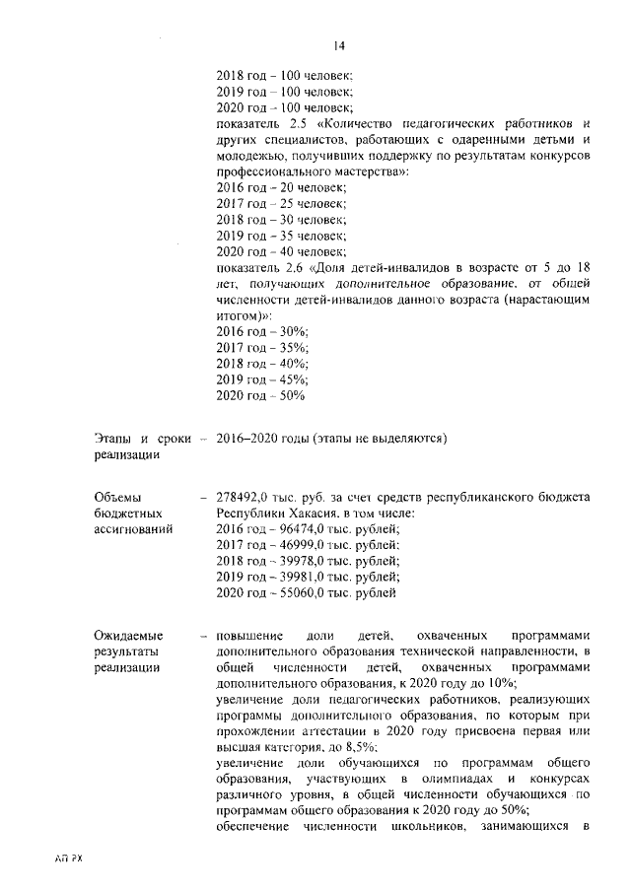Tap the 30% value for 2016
(x=289, y=332)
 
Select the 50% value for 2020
(x=289, y=395)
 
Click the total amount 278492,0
(x=248, y=497)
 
